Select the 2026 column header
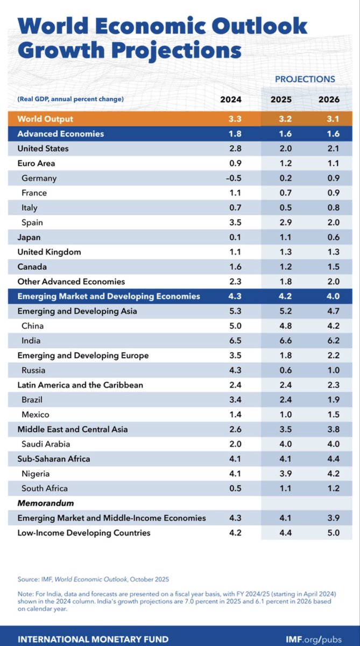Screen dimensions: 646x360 coord(328,100)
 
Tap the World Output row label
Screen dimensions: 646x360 coord(45,119)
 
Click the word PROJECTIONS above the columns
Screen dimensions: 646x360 coord(305,79)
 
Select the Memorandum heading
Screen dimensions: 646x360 coord(46,503)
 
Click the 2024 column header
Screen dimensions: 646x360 coord(231,100)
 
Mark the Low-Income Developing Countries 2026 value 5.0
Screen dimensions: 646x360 coord(328,533)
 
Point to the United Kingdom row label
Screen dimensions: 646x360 coord(50,252)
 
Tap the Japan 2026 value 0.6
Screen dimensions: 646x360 coord(328,237)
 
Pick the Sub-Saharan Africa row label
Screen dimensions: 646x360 coord(54,459)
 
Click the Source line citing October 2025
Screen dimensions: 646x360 coord(94,579)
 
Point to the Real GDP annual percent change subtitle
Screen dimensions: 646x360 coord(70,99)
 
